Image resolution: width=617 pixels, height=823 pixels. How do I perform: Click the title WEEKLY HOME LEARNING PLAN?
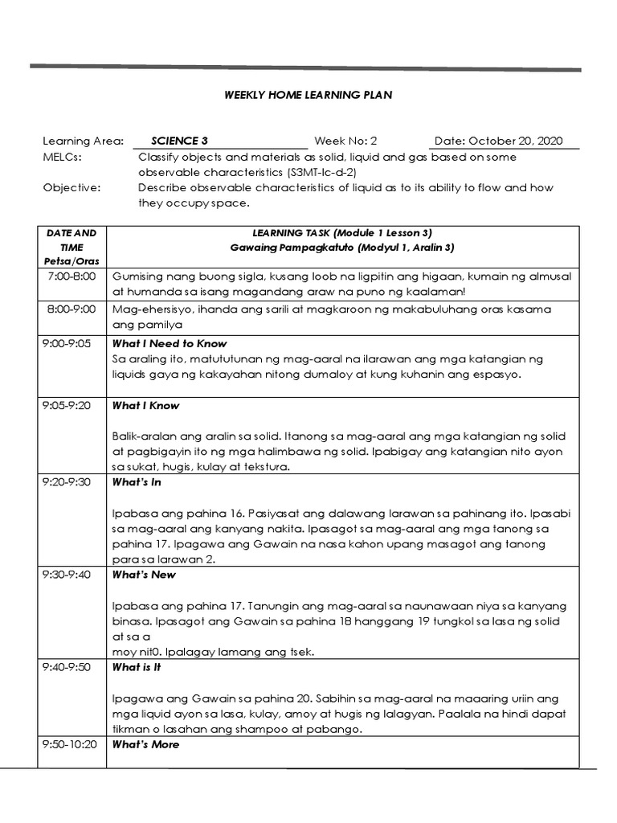coord(308,96)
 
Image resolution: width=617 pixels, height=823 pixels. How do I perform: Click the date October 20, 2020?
coord(498,141)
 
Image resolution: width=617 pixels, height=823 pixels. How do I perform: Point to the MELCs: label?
coord(62,157)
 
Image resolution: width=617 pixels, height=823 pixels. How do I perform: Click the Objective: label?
coord(72,188)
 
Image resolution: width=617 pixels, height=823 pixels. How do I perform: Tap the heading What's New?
coord(144,575)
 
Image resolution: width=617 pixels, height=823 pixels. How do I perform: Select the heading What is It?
coord(137,667)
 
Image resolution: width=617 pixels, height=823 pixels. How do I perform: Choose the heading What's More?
coord(145,744)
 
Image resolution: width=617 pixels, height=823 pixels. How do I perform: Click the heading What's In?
coord(137,482)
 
